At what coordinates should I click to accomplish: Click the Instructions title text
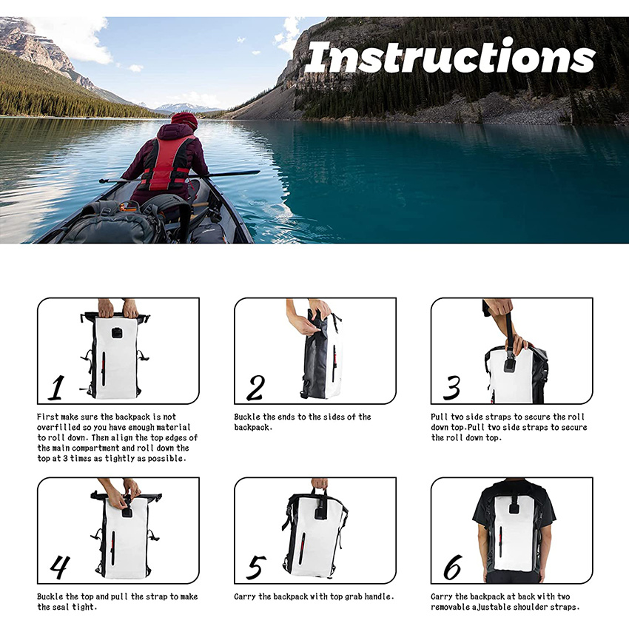450,57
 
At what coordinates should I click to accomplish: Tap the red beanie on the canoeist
184,120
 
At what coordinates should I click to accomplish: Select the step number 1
55,387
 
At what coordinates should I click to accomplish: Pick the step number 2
255,388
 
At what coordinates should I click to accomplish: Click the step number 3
451,388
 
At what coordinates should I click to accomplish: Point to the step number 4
59,567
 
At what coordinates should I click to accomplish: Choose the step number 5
255,568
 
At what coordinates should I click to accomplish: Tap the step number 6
451,568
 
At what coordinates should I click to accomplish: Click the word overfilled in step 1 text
62,428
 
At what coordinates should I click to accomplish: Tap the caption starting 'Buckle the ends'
302,422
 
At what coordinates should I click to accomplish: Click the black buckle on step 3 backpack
510,365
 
